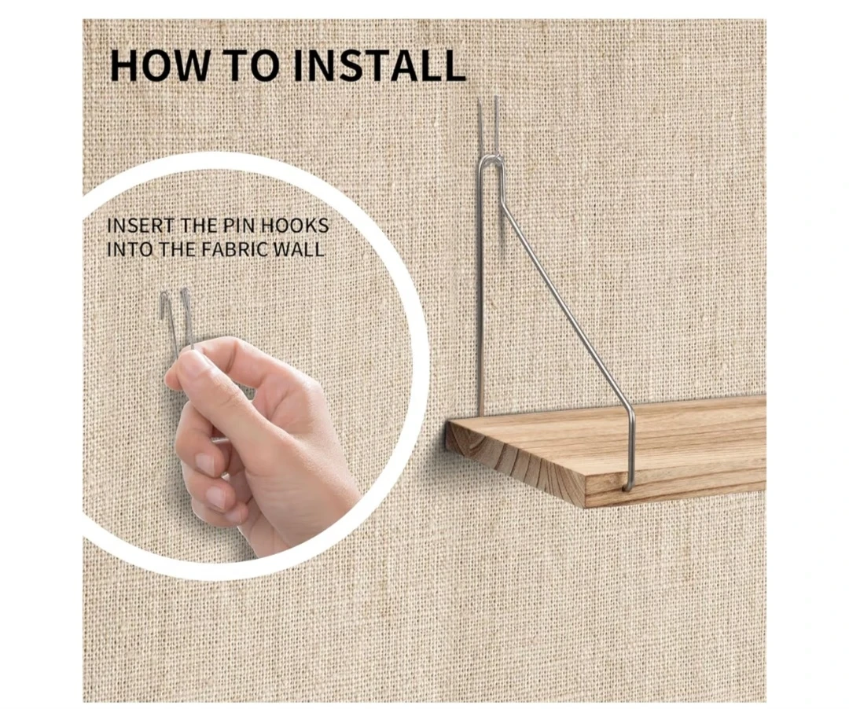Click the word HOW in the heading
tap(159, 65)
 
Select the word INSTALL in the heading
tap(379, 65)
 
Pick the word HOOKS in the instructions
tap(295, 225)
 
